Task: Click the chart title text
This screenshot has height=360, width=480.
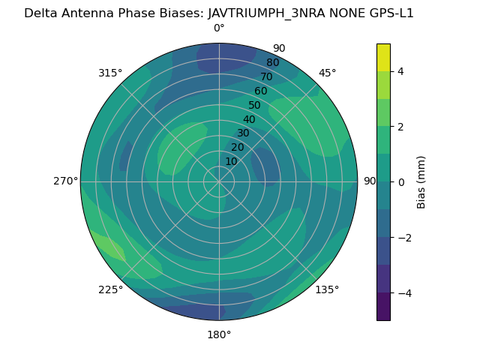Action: click(219, 13)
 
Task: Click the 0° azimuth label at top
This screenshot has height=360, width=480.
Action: click(219, 28)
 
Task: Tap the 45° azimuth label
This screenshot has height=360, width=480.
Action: click(327, 73)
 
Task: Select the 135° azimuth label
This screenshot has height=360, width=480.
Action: click(327, 289)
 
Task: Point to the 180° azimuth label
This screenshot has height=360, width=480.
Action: click(219, 334)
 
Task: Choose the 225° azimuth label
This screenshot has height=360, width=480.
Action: click(110, 289)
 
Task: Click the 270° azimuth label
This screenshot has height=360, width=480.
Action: click(65, 181)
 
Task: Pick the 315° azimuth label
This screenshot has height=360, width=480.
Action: click(110, 73)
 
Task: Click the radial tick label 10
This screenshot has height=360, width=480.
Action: click(231, 161)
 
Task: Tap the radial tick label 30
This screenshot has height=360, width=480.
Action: click(243, 133)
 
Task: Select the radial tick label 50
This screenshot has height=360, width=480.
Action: click(255, 105)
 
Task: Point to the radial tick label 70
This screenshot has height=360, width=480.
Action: click(266, 76)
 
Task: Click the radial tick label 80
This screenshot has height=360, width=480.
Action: click(272, 62)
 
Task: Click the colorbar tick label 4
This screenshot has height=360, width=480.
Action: click(401, 71)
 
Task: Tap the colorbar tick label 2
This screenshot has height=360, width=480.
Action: click(401, 127)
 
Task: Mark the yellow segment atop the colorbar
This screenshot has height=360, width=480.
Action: click(383, 58)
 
